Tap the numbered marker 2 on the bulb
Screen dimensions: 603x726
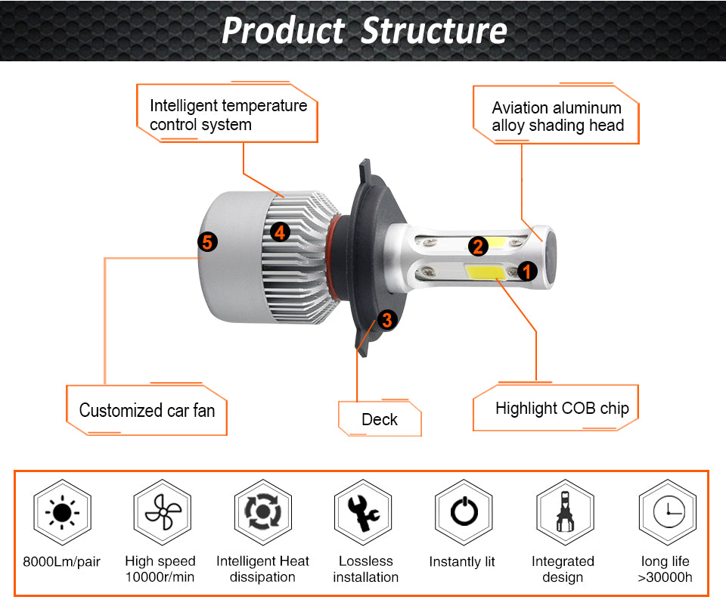click(477, 245)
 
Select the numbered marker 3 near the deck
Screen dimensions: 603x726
click(387, 319)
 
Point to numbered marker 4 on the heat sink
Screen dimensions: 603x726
click(280, 232)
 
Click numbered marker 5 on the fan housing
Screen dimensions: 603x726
click(207, 242)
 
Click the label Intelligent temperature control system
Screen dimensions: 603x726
click(228, 115)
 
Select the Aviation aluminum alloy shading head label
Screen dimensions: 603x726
click(557, 117)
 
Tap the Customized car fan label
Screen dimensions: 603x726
click(147, 411)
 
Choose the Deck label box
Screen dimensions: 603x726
click(380, 419)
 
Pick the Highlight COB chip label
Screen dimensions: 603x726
click(561, 409)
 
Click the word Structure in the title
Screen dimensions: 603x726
click(433, 31)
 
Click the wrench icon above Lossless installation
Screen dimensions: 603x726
click(362, 513)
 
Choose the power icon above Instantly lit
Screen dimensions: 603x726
click(464, 513)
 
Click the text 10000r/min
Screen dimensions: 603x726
click(160, 577)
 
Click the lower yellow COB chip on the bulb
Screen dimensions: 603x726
click(483, 271)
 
